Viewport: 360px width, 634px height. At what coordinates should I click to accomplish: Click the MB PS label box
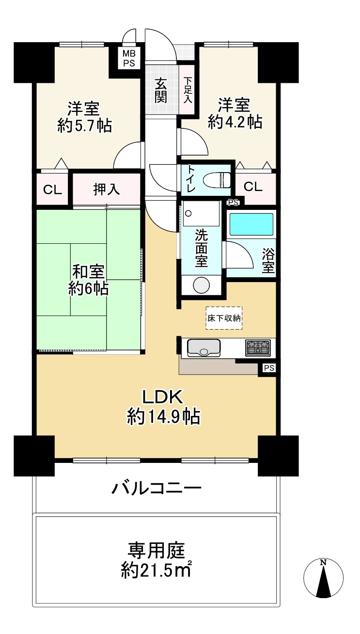click(129, 58)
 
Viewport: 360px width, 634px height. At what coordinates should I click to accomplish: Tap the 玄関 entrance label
click(160, 90)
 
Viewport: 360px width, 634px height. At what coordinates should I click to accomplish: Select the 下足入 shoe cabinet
click(188, 90)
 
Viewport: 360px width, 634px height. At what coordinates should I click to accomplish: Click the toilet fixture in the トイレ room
click(217, 179)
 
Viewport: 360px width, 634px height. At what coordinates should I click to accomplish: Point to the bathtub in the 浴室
click(251, 224)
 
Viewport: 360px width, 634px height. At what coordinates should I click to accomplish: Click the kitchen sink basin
click(203, 348)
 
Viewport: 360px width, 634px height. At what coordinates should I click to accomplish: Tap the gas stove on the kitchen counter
click(258, 347)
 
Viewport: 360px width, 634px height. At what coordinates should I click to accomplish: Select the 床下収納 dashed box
click(224, 318)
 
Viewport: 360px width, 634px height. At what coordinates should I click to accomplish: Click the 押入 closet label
click(107, 189)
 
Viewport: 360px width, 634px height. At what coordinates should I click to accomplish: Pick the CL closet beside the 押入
click(52, 189)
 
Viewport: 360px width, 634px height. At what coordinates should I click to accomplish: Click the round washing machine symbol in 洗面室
click(201, 285)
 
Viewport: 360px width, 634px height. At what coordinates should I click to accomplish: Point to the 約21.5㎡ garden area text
click(157, 570)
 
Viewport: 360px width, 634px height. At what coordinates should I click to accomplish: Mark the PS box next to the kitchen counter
click(268, 368)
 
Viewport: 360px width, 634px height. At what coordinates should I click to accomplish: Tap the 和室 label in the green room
click(88, 271)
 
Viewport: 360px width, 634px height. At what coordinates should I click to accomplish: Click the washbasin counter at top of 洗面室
click(201, 213)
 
